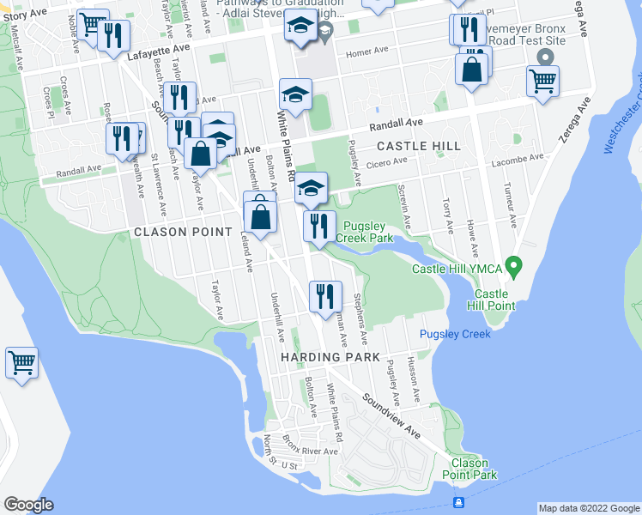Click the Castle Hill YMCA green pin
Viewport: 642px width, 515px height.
[x=513, y=268]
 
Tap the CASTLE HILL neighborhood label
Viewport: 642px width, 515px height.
[x=418, y=147]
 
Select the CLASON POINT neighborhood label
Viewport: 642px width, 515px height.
[x=183, y=233]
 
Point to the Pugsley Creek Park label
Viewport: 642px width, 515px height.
[x=363, y=231]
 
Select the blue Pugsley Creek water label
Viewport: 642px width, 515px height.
[x=455, y=334]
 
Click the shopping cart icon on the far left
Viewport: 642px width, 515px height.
[x=21, y=362]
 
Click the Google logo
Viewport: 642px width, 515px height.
[x=28, y=505]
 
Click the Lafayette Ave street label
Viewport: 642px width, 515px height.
[x=157, y=51]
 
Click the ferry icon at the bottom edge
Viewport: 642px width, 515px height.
[x=459, y=502]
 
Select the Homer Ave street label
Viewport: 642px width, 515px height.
[x=363, y=53]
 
